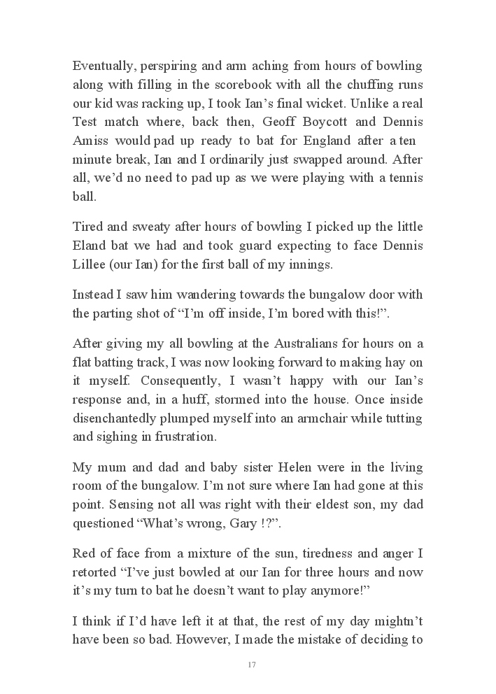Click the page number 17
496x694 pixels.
tap(252, 665)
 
